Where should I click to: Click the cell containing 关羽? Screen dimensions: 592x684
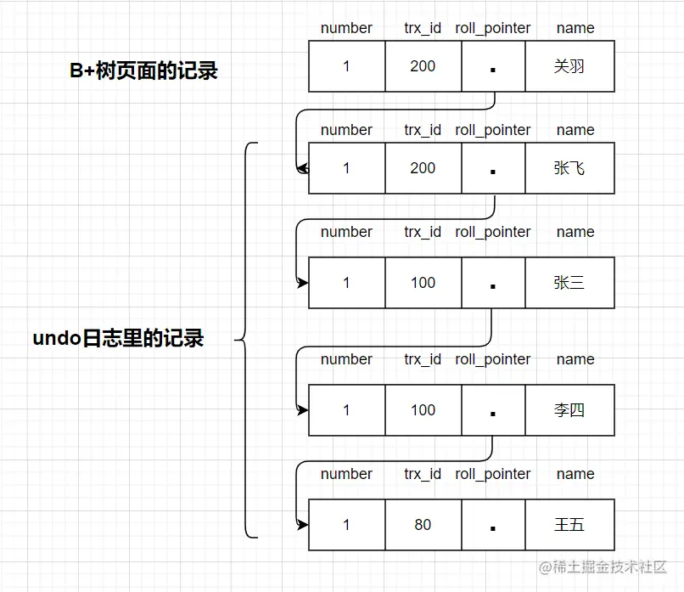click(569, 66)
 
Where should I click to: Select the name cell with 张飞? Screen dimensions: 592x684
click(569, 168)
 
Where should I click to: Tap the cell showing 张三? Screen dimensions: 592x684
click(569, 283)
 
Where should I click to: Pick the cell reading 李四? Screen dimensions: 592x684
click(569, 410)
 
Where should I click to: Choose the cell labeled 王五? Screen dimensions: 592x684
click(569, 525)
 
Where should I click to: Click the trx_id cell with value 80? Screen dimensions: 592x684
click(423, 525)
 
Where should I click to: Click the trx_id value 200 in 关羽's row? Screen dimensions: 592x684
click(423, 66)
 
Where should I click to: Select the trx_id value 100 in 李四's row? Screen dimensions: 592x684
click(423, 410)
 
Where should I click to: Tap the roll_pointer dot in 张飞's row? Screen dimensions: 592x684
click(493, 171)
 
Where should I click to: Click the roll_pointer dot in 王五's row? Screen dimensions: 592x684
click(493, 527)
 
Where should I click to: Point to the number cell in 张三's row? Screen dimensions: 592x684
click(346, 283)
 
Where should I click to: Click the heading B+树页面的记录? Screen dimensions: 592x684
click(143, 70)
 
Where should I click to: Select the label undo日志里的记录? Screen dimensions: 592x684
click(118, 338)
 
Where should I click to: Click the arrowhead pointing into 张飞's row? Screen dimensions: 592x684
click(303, 168)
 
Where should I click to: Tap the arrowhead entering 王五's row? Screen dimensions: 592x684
click(303, 525)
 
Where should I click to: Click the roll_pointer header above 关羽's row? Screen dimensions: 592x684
click(493, 28)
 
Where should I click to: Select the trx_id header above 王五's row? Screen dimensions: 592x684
click(423, 474)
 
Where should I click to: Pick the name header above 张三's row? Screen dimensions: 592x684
click(575, 232)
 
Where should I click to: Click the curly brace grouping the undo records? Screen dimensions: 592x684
click(246, 340)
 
